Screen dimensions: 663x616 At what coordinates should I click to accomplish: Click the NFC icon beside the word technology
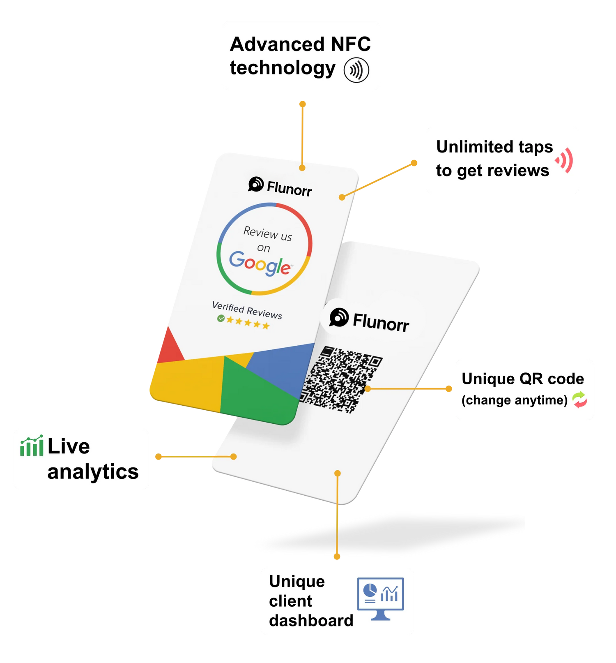click(x=356, y=70)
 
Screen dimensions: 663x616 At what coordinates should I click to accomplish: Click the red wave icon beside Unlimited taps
click(x=565, y=160)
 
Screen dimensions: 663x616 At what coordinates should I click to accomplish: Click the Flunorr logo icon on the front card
click(x=255, y=184)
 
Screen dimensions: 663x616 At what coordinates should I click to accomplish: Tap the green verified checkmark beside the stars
click(x=221, y=318)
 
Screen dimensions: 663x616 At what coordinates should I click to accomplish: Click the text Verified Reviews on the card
click(x=247, y=310)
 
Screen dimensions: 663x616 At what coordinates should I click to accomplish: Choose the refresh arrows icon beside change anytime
click(x=579, y=400)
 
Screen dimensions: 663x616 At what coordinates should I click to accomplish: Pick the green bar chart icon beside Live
click(x=32, y=446)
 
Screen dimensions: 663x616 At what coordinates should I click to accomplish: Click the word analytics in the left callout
click(x=93, y=471)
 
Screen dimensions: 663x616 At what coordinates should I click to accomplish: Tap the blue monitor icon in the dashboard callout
click(x=380, y=598)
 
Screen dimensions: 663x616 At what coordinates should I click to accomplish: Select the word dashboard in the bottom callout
click(x=311, y=620)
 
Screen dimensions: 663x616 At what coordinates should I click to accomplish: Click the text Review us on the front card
click(x=267, y=233)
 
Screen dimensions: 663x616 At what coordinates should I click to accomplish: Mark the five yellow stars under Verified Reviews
click(x=248, y=323)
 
